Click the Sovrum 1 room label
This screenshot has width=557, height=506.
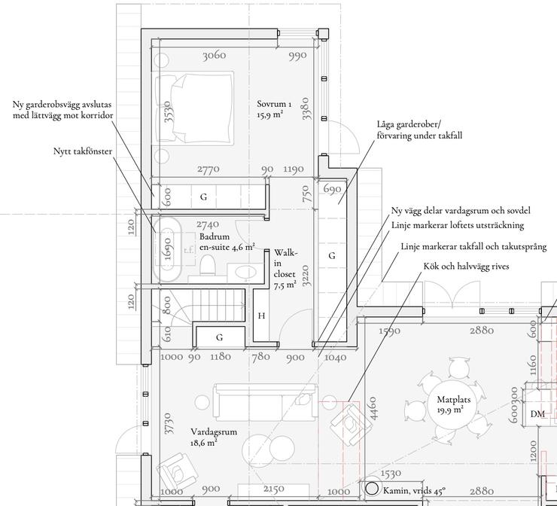point(274,109)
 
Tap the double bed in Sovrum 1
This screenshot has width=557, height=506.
point(193,108)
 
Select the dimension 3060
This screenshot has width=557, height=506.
point(215,56)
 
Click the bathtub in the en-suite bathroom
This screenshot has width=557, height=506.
point(167,250)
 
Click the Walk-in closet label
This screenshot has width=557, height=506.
point(285,269)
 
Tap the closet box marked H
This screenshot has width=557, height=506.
point(261,315)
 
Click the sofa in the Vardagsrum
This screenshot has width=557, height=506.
point(266,401)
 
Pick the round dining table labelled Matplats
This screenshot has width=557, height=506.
point(454,405)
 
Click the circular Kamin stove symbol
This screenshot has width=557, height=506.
point(372,489)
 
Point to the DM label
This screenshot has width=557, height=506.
point(537,414)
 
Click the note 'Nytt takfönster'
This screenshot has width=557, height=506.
point(83,151)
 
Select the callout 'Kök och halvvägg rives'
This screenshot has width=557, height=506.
point(466,266)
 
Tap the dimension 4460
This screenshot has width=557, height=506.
point(373,409)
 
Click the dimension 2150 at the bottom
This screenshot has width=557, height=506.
point(274,489)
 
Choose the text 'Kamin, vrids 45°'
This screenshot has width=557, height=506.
point(414,491)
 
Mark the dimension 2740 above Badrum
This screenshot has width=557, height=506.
point(208,224)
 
